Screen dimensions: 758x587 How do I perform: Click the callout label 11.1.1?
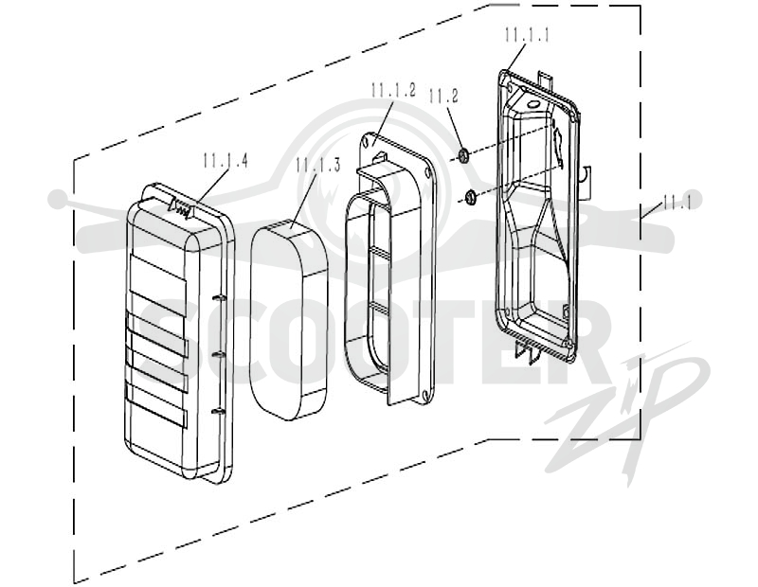[x=527, y=35]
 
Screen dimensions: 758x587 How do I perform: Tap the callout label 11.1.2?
[x=393, y=90]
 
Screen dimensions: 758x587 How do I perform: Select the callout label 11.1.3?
[x=318, y=164]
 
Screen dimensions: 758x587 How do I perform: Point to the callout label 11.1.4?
[x=226, y=160]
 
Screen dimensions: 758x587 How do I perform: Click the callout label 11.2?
[x=443, y=97]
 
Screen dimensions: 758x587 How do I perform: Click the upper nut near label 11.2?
[x=463, y=155]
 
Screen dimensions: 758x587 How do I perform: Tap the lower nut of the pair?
[x=469, y=197]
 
